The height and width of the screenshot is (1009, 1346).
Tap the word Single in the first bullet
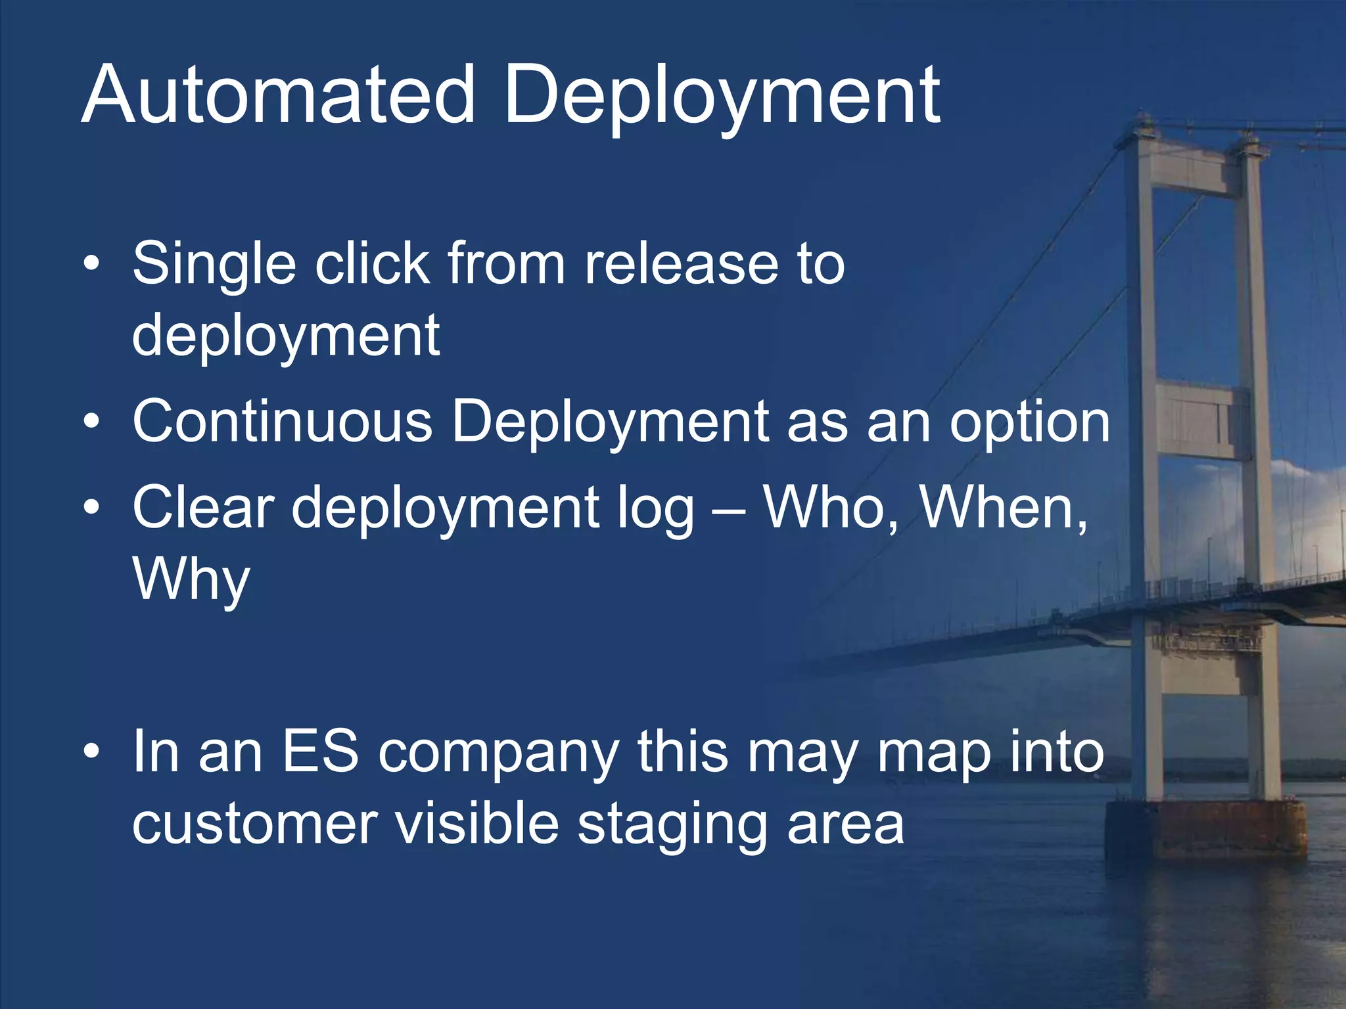[214, 265]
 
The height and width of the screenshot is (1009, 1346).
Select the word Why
[191, 580]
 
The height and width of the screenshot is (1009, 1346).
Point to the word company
[498, 753]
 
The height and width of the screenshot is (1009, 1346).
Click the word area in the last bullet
[845, 826]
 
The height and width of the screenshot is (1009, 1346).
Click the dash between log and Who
[728, 509]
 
